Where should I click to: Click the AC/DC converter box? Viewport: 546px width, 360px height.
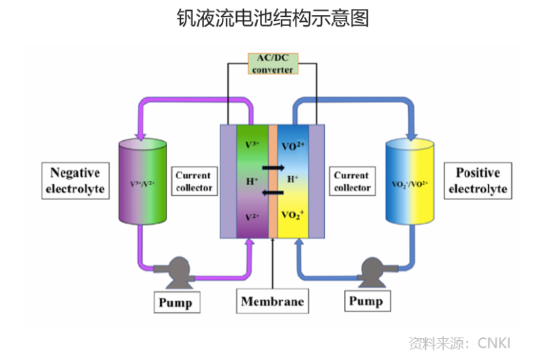pyautogui.click(x=272, y=64)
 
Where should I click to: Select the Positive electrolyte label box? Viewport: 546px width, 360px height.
pyautogui.click(x=478, y=180)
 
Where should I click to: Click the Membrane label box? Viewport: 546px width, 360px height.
pyautogui.click(x=272, y=301)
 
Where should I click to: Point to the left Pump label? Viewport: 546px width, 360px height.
pyautogui.click(x=175, y=301)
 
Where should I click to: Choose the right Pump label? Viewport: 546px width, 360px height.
pyautogui.click(x=366, y=301)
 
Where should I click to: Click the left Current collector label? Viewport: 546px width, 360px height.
pyautogui.click(x=194, y=181)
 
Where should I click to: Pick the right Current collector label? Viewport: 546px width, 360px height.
pyautogui.click(x=352, y=181)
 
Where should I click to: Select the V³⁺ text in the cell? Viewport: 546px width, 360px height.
pyautogui.click(x=252, y=145)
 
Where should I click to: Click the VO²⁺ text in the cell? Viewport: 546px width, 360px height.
pyautogui.click(x=292, y=146)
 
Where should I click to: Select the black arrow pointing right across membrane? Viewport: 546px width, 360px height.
pyautogui.click(x=273, y=167)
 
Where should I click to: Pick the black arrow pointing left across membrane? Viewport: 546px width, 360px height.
pyautogui.click(x=273, y=192)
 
